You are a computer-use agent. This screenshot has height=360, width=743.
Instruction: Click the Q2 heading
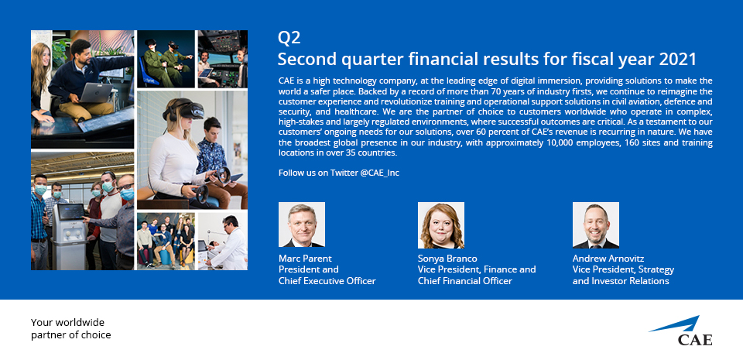289,38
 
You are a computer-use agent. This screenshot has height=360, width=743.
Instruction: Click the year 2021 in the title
678,60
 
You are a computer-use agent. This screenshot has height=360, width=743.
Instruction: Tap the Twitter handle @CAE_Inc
379,173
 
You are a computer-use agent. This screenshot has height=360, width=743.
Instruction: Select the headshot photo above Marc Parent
301,225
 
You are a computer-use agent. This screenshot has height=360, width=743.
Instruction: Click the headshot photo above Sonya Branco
440,225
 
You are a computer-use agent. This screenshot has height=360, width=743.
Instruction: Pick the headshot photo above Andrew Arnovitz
596,225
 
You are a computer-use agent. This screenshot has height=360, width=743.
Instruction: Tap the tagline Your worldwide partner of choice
71,329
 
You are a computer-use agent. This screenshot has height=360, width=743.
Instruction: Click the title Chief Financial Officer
465,281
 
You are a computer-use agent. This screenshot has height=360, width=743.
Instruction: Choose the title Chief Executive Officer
327,281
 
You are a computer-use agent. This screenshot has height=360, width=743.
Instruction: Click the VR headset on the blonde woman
184,111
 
